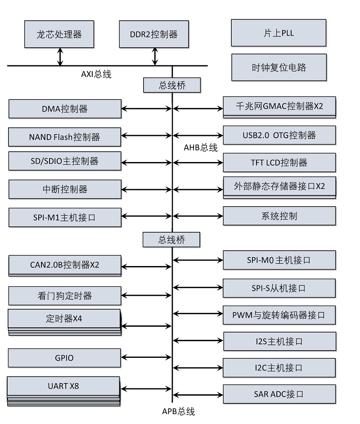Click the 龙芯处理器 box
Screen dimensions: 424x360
(59, 34)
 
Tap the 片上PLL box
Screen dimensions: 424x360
(279, 33)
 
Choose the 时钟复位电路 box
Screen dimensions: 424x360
(279, 68)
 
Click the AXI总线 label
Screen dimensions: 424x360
(96, 74)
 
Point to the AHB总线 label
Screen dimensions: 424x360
(201, 148)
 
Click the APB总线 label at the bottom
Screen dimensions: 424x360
(178, 411)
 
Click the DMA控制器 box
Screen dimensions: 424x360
(65, 109)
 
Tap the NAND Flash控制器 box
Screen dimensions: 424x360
(65, 137)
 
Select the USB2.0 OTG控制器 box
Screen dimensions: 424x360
(279, 135)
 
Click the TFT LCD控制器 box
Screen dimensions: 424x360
(279, 162)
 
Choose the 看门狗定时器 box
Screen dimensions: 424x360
(65, 296)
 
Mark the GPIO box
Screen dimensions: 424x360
(64, 358)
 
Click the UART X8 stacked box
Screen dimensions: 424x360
(63, 386)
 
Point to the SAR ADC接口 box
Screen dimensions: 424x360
(279, 394)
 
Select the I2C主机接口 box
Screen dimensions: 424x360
(279, 368)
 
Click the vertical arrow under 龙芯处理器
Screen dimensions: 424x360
(60, 57)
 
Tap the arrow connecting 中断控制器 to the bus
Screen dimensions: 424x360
(147, 189)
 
